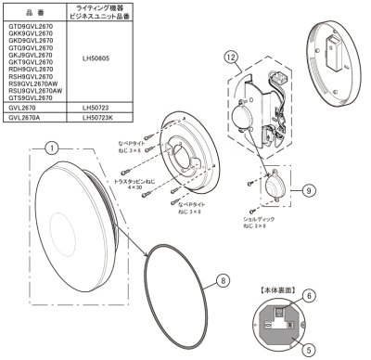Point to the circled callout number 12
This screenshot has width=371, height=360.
pyautogui.click(x=230, y=57)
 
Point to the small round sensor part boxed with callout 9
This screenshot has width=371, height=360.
pyautogui.click(x=274, y=186)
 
